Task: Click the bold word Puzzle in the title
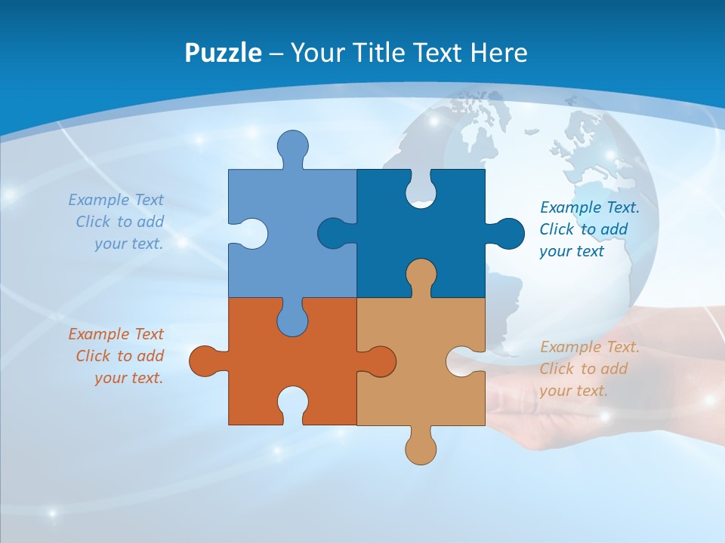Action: [x=224, y=53]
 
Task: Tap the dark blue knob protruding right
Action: [x=507, y=233]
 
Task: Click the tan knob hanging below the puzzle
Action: [x=421, y=447]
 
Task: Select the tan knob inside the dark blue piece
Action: [x=421, y=275]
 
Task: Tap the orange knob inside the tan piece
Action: [x=379, y=360]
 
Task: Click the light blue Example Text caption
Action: [x=118, y=222]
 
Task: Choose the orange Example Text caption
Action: [x=118, y=356]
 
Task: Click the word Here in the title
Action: [x=498, y=53]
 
